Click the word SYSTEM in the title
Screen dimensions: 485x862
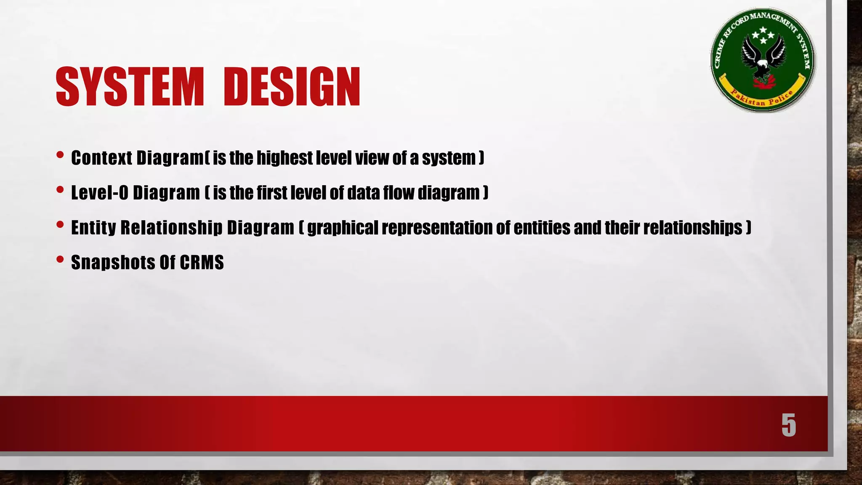coord(130,87)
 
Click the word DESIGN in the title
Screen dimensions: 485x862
coord(292,87)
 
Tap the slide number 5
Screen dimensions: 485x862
coord(788,425)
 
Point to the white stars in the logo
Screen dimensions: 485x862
coord(763,35)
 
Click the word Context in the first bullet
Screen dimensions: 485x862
coord(101,158)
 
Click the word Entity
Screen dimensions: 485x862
coord(93,228)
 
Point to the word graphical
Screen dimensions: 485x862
coord(343,228)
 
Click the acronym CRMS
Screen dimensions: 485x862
coord(202,263)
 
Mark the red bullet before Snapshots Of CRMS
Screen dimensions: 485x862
coord(60,260)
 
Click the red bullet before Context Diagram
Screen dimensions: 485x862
coord(60,155)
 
